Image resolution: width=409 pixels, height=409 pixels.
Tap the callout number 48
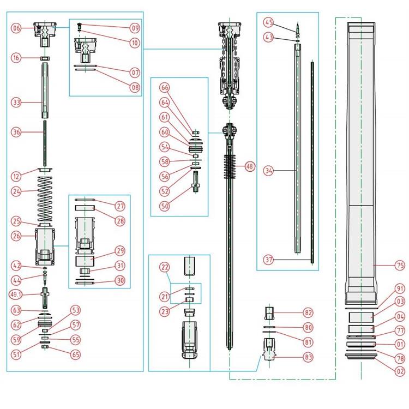[x=250, y=167]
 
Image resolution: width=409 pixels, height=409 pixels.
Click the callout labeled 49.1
[x=17, y=295]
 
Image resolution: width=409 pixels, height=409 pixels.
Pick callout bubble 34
[x=268, y=170]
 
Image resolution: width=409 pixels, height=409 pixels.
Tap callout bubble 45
[x=268, y=22]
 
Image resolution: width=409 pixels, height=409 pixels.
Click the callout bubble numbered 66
[x=164, y=87]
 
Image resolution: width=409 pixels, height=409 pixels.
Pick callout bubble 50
[x=164, y=207]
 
